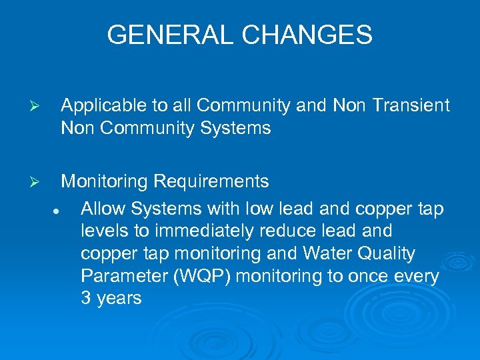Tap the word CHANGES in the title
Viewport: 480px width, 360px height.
click(x=309, y=35)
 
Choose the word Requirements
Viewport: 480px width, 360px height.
click(x=211, y=182)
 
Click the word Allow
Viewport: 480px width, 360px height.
click(x=103, y=209)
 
